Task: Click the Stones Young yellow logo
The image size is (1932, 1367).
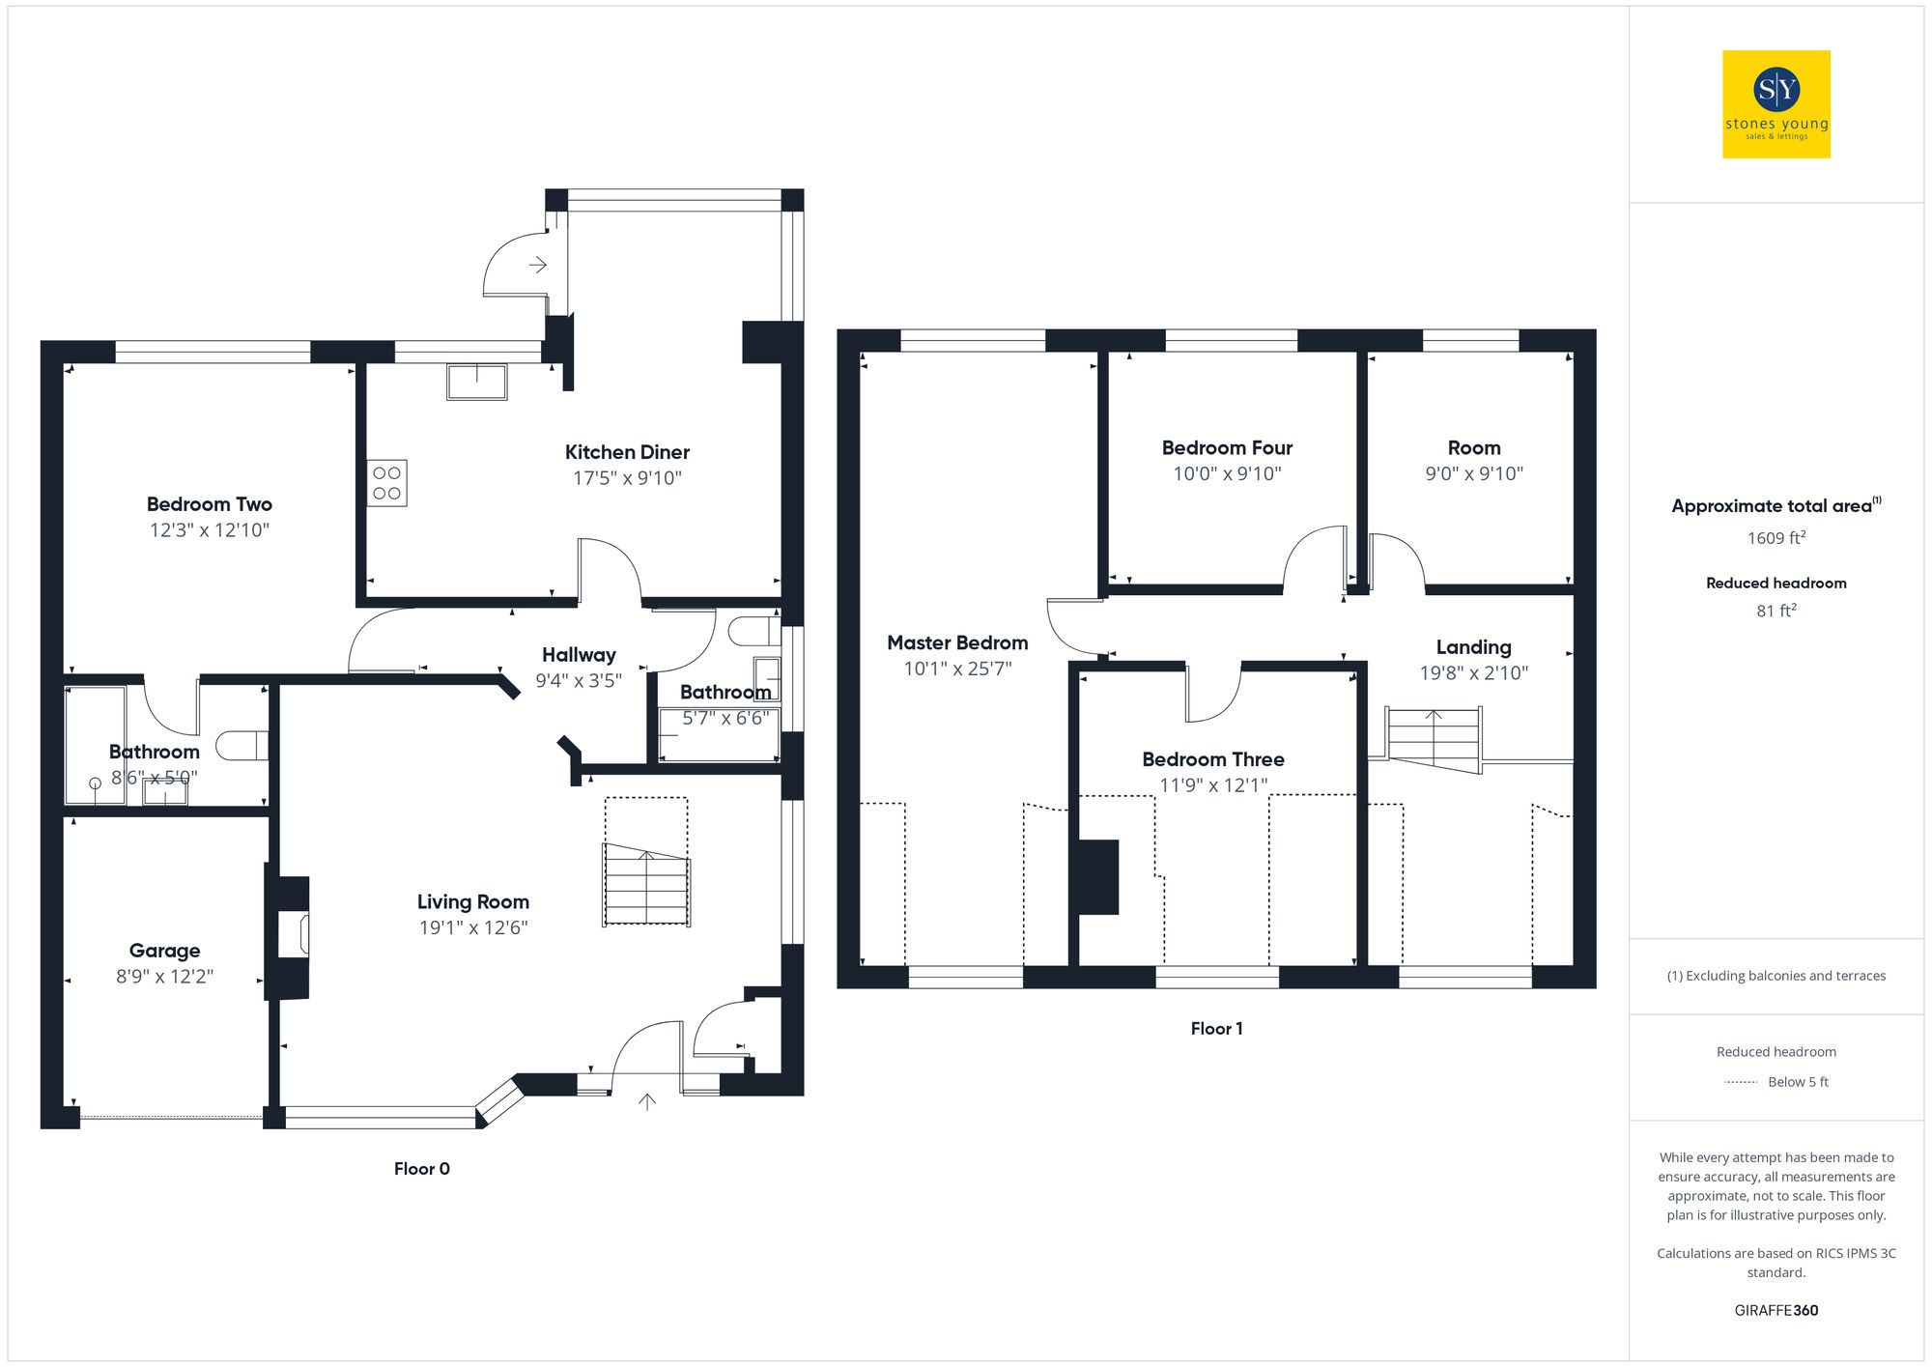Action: (x=1776, y=104)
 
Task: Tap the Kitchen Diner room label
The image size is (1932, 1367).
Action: (x=627, y=452)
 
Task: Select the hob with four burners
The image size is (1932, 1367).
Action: (x=386, y=483)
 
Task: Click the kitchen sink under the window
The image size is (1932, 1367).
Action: (x=476, y=382)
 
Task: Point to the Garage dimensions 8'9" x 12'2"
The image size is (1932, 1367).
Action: (x=164, y=976)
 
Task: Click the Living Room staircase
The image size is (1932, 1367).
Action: (x=645, y=884)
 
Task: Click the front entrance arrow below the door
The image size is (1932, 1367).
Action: (x=647, y=1101)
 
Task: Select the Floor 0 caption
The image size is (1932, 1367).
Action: (x=421, y=1168)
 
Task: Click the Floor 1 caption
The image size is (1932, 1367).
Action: (x=1216, y=1029)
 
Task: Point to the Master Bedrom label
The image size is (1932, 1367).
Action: (x=956, y=642)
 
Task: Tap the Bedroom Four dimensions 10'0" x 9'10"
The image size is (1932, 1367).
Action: (x=1227, y=473)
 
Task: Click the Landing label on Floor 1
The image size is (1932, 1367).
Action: (x=1473, y=647)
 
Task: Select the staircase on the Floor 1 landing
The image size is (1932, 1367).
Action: (x=1435, y=739)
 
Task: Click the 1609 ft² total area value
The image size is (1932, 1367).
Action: (x=1776, y=538)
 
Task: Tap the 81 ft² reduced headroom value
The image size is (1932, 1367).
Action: (x=1776, y=611)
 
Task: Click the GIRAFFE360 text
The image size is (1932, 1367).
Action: (x=1776, y=1311)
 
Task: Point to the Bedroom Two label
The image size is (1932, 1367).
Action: (x=209, y=504)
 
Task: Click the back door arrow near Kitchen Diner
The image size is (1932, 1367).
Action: (x=538, y=265)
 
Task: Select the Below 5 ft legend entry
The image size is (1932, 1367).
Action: (x=1797, y=1082)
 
